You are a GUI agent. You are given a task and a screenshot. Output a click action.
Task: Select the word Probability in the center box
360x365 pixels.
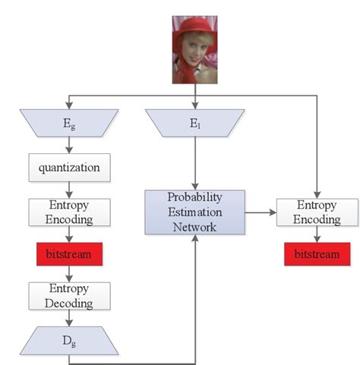click(196, 197)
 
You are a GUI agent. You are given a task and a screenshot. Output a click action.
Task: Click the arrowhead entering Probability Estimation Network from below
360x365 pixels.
click(196, 239)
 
